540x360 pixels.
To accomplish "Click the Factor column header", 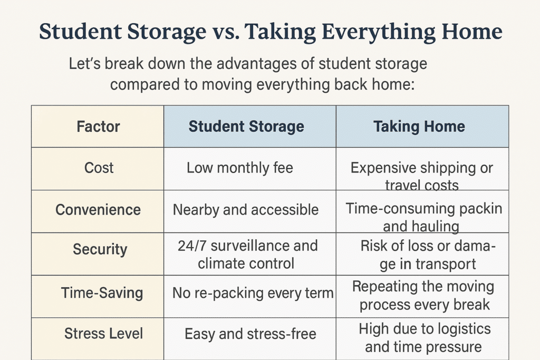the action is [x=98, y=127].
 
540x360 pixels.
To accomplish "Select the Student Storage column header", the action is [x=246, y=127].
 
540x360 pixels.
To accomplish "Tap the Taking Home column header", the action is [x=419, y=127].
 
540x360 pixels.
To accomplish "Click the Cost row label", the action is [x=99, y=168].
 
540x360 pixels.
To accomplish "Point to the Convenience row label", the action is [x=98, y=210].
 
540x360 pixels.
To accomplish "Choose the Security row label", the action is [x=100, y=249].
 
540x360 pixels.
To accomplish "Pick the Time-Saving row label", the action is [x=102, y=293].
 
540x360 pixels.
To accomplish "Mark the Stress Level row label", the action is [x=103, y=334].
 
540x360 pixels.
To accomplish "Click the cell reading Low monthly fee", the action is [x=240, y=168].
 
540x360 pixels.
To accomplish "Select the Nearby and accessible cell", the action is [x=246, y=210].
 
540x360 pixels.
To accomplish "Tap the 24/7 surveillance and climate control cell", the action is [x=247, y=255].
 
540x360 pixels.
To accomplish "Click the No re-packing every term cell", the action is [x=253, y=293].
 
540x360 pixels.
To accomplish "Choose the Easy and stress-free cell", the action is [x=250, y=334].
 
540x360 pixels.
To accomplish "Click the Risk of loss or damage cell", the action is [x=427, y=255].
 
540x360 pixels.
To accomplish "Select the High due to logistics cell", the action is [x=425, y=338].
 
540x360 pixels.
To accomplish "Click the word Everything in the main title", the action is [x=379, y=32].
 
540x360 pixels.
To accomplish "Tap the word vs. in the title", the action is [x=226, y=32].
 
